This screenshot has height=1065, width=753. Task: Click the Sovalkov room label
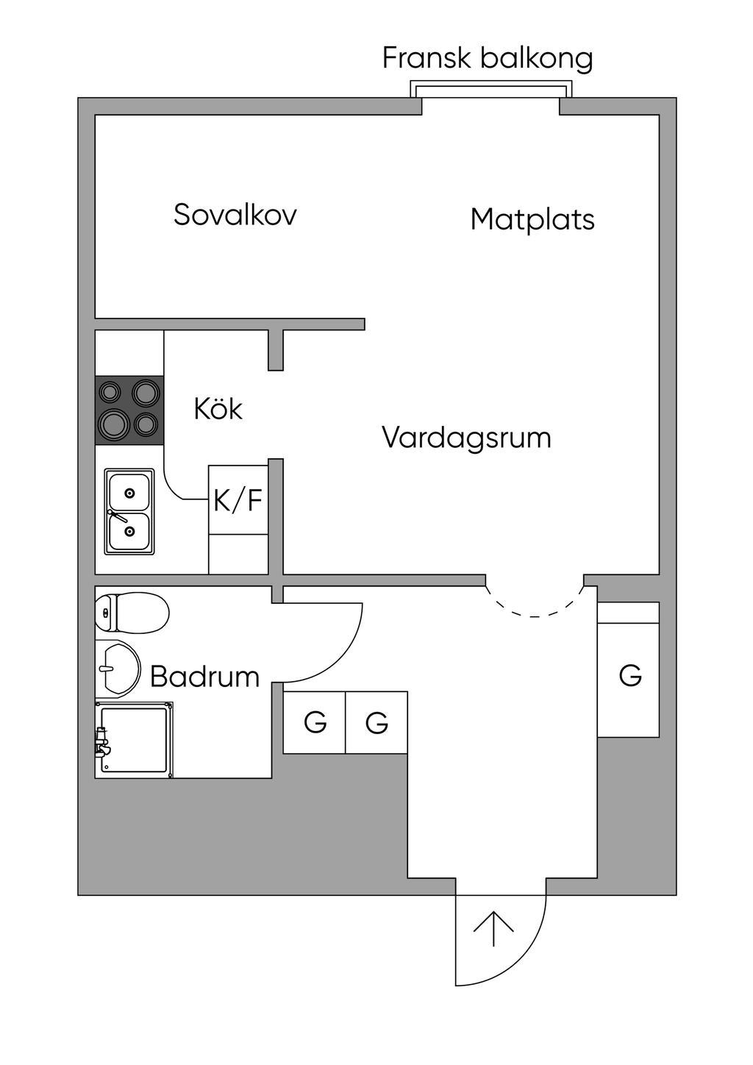235,215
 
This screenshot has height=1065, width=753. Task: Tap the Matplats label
532,220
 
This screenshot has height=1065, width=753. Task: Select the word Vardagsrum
466,438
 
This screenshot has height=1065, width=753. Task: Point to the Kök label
218,408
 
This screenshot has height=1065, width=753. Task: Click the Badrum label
205,676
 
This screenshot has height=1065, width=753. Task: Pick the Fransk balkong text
488,59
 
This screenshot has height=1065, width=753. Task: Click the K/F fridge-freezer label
238,500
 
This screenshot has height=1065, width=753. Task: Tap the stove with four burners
129,410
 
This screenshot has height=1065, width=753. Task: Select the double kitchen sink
129,512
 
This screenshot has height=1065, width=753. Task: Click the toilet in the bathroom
132,613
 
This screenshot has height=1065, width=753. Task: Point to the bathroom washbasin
118,668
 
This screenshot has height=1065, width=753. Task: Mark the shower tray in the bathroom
134,740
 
